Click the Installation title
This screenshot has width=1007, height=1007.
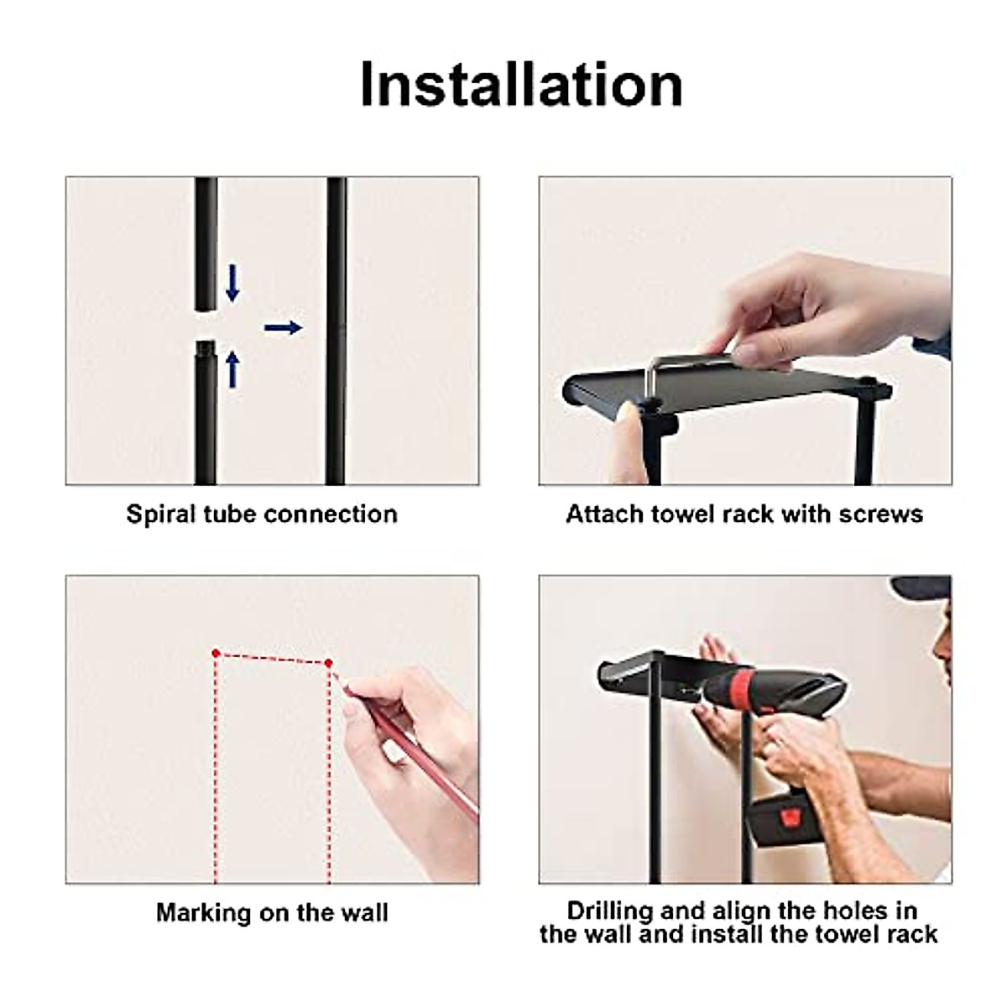click(520, 84)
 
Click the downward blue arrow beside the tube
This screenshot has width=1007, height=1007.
click(233, 283)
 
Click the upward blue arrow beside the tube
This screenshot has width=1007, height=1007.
click(233, 369)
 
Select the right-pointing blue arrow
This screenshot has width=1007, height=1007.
click(283, 327)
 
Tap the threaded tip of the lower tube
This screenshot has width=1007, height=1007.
click(205, 347)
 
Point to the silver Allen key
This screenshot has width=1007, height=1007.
click(688, 362)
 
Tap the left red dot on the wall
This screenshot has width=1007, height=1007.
click(216, 652)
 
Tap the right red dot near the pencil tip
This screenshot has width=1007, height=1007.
click(328, 663)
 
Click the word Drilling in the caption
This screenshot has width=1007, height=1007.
click(609, 910)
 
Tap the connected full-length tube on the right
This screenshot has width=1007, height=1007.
click(336, 336)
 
